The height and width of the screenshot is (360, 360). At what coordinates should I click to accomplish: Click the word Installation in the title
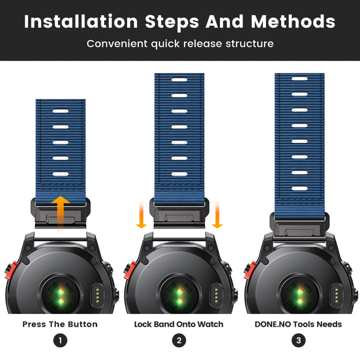click(81, 21)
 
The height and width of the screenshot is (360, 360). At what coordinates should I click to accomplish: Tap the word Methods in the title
click(293, 21)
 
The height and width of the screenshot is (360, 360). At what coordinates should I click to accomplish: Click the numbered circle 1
click(60, 340)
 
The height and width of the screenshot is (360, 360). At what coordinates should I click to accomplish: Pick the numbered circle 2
click(179, 340)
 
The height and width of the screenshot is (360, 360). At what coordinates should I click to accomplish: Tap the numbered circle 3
click(298, 340)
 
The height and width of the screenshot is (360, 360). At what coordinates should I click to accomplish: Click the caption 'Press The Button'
click(60, 324)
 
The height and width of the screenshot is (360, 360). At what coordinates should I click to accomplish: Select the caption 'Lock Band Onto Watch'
click(178, 324)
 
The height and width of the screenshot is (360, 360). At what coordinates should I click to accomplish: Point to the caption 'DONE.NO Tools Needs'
click(298, 324)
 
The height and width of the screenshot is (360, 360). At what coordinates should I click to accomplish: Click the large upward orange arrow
click(60, 213)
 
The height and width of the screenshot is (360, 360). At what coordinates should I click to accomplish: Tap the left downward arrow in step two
click(141, 214)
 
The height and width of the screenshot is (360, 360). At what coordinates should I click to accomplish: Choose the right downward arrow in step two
click(217, 214)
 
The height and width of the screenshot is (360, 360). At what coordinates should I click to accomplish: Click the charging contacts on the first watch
click(97, 295)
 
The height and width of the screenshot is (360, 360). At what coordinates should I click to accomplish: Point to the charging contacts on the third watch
click(336, 295)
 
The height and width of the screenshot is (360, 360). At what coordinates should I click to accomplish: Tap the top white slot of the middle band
click(179, 80)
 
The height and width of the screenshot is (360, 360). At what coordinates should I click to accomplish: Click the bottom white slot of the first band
click(60, 174)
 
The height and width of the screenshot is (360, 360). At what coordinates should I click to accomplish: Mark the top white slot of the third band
click(299, 79)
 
